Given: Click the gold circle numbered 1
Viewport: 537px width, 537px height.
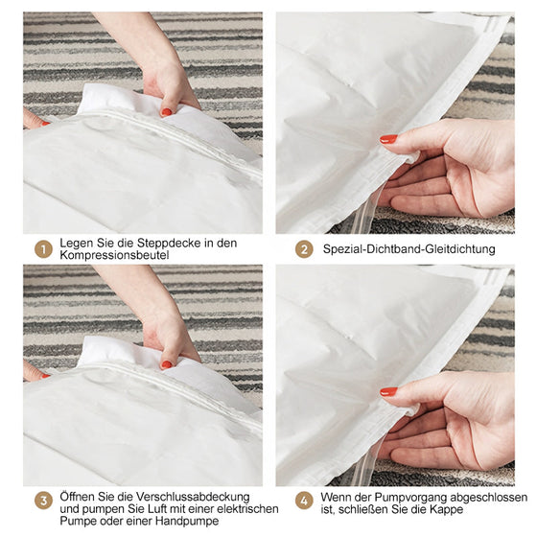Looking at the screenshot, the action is pos(43,249).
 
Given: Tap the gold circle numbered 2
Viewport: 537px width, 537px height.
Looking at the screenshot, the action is pos(304,249).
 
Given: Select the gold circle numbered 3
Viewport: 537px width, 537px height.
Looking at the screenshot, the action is pos(43,501).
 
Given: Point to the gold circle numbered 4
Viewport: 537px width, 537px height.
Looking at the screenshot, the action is pos(304,501).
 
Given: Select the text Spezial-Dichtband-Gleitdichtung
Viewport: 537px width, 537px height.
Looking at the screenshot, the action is pos(409,249).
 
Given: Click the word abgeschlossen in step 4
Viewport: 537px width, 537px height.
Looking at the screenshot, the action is pos(489,497).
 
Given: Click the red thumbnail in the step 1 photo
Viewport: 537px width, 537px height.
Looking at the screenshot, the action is pos(167,111).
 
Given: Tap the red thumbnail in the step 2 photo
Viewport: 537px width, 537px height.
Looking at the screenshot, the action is pos(388,139).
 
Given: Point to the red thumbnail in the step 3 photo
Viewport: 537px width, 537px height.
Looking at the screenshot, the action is pos(167,364).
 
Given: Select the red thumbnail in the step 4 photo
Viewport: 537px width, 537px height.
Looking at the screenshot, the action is pos(388,391).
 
